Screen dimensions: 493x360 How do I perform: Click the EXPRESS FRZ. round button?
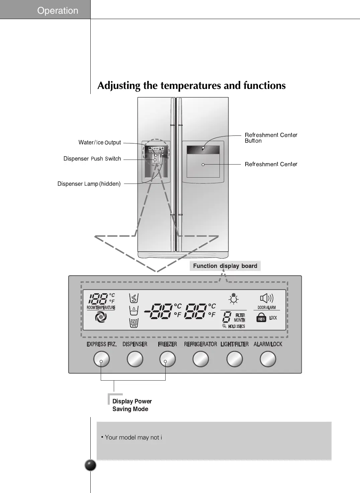click(101, 359)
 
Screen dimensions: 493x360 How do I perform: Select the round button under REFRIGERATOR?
click(201, 359)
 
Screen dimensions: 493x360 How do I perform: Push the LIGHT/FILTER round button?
click(235, 359)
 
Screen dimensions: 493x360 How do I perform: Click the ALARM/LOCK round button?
click(268, 359)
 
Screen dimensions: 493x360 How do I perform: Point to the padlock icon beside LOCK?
click(261, 318)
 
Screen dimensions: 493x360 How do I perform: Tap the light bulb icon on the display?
click(234, 299)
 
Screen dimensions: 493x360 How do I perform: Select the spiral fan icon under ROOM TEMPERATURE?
click(101, 317)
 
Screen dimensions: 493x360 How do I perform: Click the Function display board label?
click(225, 266)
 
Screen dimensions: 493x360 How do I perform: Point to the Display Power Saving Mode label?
click(132, 405)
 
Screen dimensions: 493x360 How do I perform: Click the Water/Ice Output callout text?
click(100, 142)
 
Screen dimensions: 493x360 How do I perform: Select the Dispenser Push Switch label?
click(92, 159)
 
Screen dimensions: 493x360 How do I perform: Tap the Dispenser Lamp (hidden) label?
click(89, 184)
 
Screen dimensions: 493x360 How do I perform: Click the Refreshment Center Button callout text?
click(271, 138)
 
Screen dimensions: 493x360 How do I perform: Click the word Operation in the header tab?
click(58, 10)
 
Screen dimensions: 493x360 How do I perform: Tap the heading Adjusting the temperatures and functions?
click(191, 86)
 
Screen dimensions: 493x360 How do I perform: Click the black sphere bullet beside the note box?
click(91, 465)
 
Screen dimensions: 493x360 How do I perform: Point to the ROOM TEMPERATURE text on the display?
click(101, 308)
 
